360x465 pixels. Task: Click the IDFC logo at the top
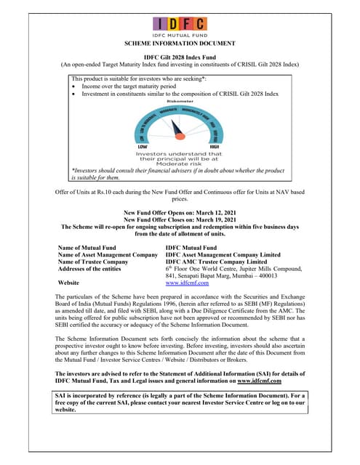(x=180, y=24)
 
